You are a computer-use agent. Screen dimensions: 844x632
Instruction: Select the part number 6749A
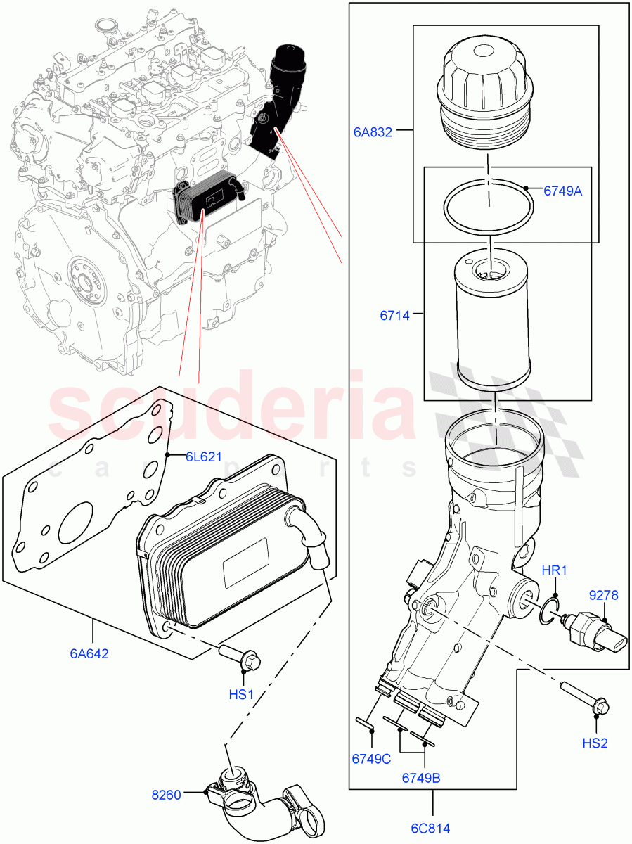pos(562,191)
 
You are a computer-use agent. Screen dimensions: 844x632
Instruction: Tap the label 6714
pos(394,316)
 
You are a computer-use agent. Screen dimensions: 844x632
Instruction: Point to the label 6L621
pos(203,456)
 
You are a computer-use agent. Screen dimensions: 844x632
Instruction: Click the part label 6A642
pos(89,653)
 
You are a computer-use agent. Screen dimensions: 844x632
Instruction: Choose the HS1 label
pos(241,695)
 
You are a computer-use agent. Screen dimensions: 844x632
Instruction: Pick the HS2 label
pos(595,743)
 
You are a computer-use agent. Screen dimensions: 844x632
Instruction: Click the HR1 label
pos(554,570)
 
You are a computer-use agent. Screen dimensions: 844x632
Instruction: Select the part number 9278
pos(603,596)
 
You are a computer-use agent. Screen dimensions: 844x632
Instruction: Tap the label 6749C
pos(372,759)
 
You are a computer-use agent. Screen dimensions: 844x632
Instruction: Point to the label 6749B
pos(422,778)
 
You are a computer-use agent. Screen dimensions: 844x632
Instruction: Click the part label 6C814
pos(431,828)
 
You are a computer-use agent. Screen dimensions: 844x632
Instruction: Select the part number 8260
pos(167,795)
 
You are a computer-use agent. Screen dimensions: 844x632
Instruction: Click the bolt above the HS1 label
pos(239,656)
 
